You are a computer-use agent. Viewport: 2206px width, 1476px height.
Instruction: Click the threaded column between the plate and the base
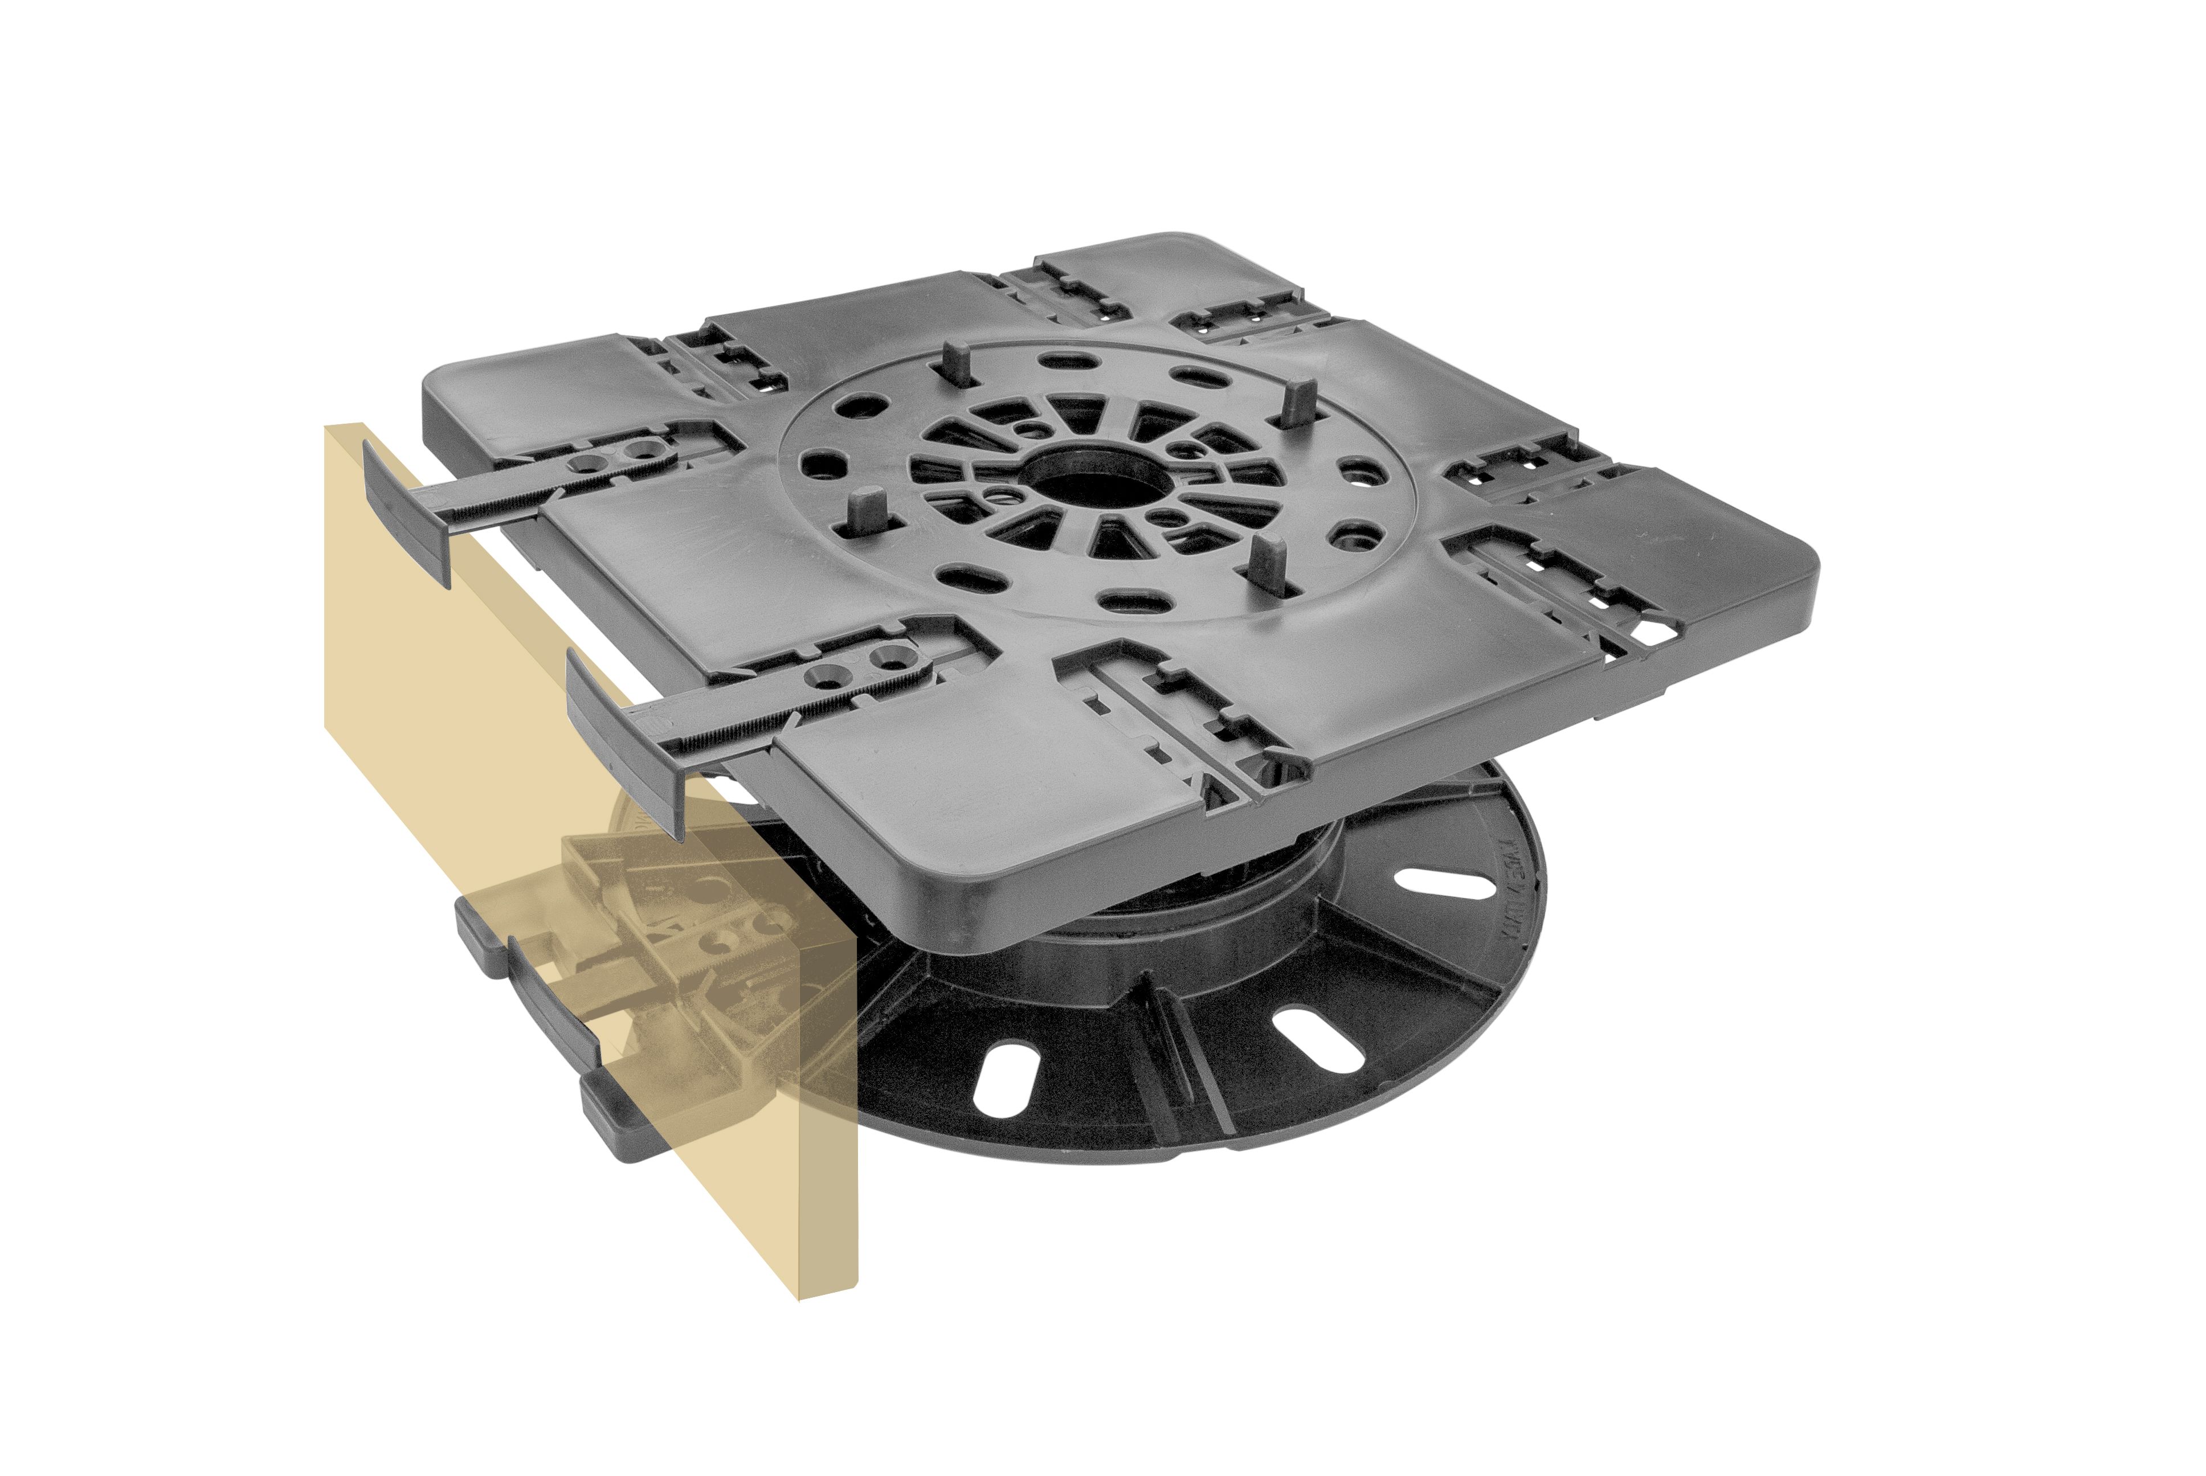(1224, 871)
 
